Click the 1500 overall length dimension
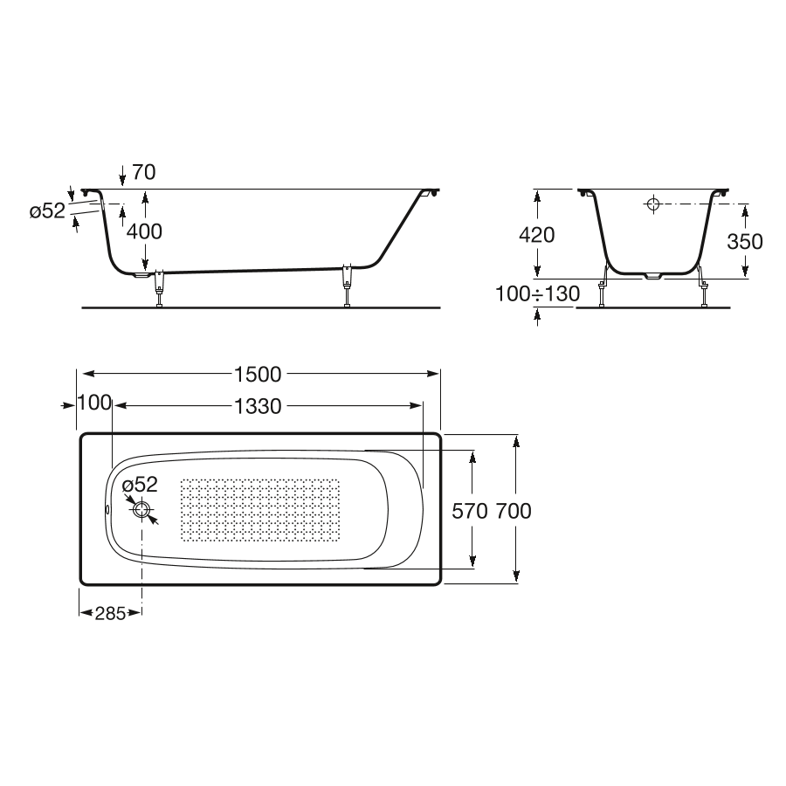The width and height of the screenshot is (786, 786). pos(259,375)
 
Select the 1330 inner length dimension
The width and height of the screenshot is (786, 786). pos(259,406)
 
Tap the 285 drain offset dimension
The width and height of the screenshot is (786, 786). pos(110,613)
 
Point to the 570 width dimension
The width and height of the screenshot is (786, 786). pos(470,511)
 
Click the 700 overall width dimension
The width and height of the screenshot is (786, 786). pos(514,511)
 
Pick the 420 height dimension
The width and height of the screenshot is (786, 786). pos(537,235)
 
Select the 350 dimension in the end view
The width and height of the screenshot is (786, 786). pos(745,242)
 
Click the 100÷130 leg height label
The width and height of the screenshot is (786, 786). pos(537,293)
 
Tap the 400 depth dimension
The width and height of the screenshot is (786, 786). pos(144,231)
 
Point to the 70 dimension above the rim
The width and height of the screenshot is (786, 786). pos(144,172)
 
